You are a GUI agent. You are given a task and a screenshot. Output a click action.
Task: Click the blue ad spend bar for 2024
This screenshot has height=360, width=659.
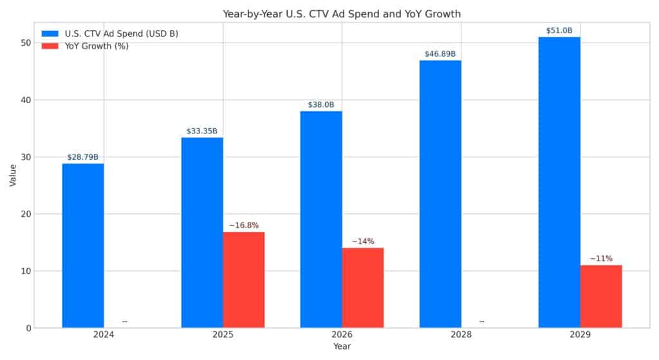[83, 245]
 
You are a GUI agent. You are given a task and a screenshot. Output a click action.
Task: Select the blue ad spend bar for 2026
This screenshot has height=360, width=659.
[321, 219]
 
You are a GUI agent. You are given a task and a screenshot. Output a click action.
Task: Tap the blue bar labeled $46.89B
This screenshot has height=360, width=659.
[440, 194]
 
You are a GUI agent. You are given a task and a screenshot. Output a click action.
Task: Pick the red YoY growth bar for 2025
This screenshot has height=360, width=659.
[243, 279]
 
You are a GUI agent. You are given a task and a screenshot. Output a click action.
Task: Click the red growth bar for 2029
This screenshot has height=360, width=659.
[601, 296]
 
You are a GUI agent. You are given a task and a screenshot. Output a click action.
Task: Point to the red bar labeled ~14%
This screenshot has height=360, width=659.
[363, 288]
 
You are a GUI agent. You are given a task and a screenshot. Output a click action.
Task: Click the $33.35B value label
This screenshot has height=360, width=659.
[202, 131]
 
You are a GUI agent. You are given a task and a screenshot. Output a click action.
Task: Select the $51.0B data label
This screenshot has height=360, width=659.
[559, 30]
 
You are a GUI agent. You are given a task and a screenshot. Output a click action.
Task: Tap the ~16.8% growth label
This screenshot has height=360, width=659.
[244, 225]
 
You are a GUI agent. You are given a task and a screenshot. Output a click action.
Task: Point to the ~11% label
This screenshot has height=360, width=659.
[601, 259]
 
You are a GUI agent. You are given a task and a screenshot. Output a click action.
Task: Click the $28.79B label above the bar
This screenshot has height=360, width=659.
[83, 157]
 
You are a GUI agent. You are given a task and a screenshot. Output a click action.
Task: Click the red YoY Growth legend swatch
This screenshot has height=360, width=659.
[51, 46]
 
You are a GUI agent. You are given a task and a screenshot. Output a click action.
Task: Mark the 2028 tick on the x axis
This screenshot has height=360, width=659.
[461, 336]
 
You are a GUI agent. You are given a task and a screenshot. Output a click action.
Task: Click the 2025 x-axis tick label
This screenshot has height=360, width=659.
[223, 336]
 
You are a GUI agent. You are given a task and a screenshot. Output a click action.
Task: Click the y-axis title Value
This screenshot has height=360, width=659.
[12, 175]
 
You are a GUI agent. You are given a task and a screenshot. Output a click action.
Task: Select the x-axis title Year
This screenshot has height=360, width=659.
[342, 347]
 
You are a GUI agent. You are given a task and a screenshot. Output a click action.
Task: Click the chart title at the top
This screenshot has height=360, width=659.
[342, 14]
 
